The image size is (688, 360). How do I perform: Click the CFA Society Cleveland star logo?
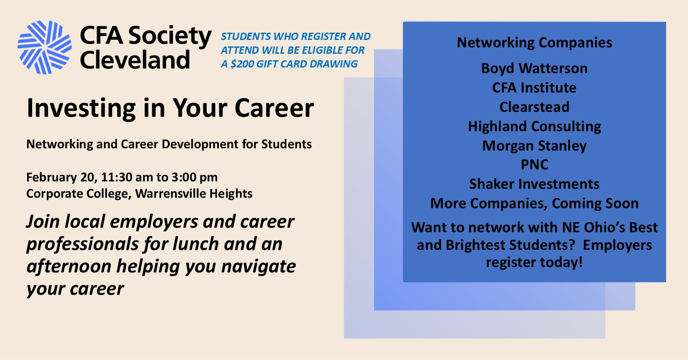point(44,47)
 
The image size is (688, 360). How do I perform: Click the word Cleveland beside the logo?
point(135,60)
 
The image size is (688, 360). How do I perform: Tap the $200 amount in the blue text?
point(242,64)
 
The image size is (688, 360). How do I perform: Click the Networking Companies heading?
point(534,43)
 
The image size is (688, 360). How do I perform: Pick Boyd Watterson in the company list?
point(534,68)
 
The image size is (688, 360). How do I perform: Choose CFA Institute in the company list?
point(534,88)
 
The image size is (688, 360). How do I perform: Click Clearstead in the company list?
point(534,107)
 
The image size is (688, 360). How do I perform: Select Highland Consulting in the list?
point(534,126)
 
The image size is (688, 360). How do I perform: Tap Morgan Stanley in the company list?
point(534,146)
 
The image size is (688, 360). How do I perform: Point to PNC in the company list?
point(534,165)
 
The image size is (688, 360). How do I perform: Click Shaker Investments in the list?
point(534,184)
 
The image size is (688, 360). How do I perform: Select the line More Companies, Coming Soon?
point(534,203)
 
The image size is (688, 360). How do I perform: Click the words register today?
point(534,262)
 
